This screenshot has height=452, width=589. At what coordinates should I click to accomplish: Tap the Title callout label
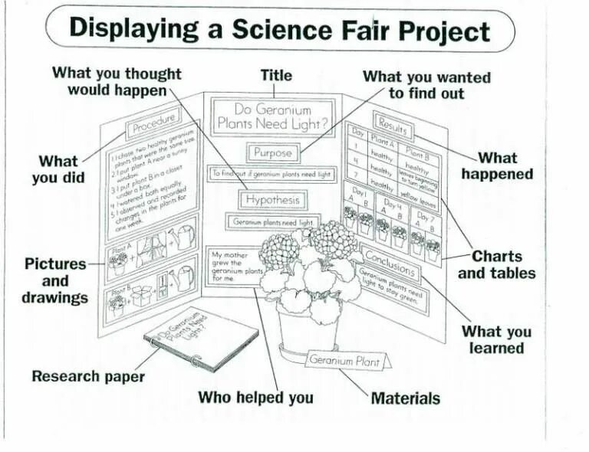click(x=276, y=75)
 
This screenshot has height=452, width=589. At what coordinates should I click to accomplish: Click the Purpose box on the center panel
click(x=273, y=152)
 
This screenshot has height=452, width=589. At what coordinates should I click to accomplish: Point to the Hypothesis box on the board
click(x=272, y=200)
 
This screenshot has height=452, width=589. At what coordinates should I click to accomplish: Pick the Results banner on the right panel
click(x=393, y=123)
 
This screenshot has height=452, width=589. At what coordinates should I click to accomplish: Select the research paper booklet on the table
click(x=201, y=338)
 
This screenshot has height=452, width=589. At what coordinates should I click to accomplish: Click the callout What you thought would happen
click(x=117, y=81)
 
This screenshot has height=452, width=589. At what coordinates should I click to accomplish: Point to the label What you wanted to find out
click(x=426, y=85)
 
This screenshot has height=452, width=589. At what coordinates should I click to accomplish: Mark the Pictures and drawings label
click(x=55, y=280)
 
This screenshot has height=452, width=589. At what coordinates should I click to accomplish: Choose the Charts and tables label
click(x=497, y=264)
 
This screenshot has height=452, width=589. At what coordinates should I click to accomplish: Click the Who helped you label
click(x=255, y=398)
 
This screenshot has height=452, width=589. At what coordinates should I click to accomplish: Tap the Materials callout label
click(x=405, y=398)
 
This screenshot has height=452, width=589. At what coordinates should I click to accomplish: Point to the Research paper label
click(x=88, y=376)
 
